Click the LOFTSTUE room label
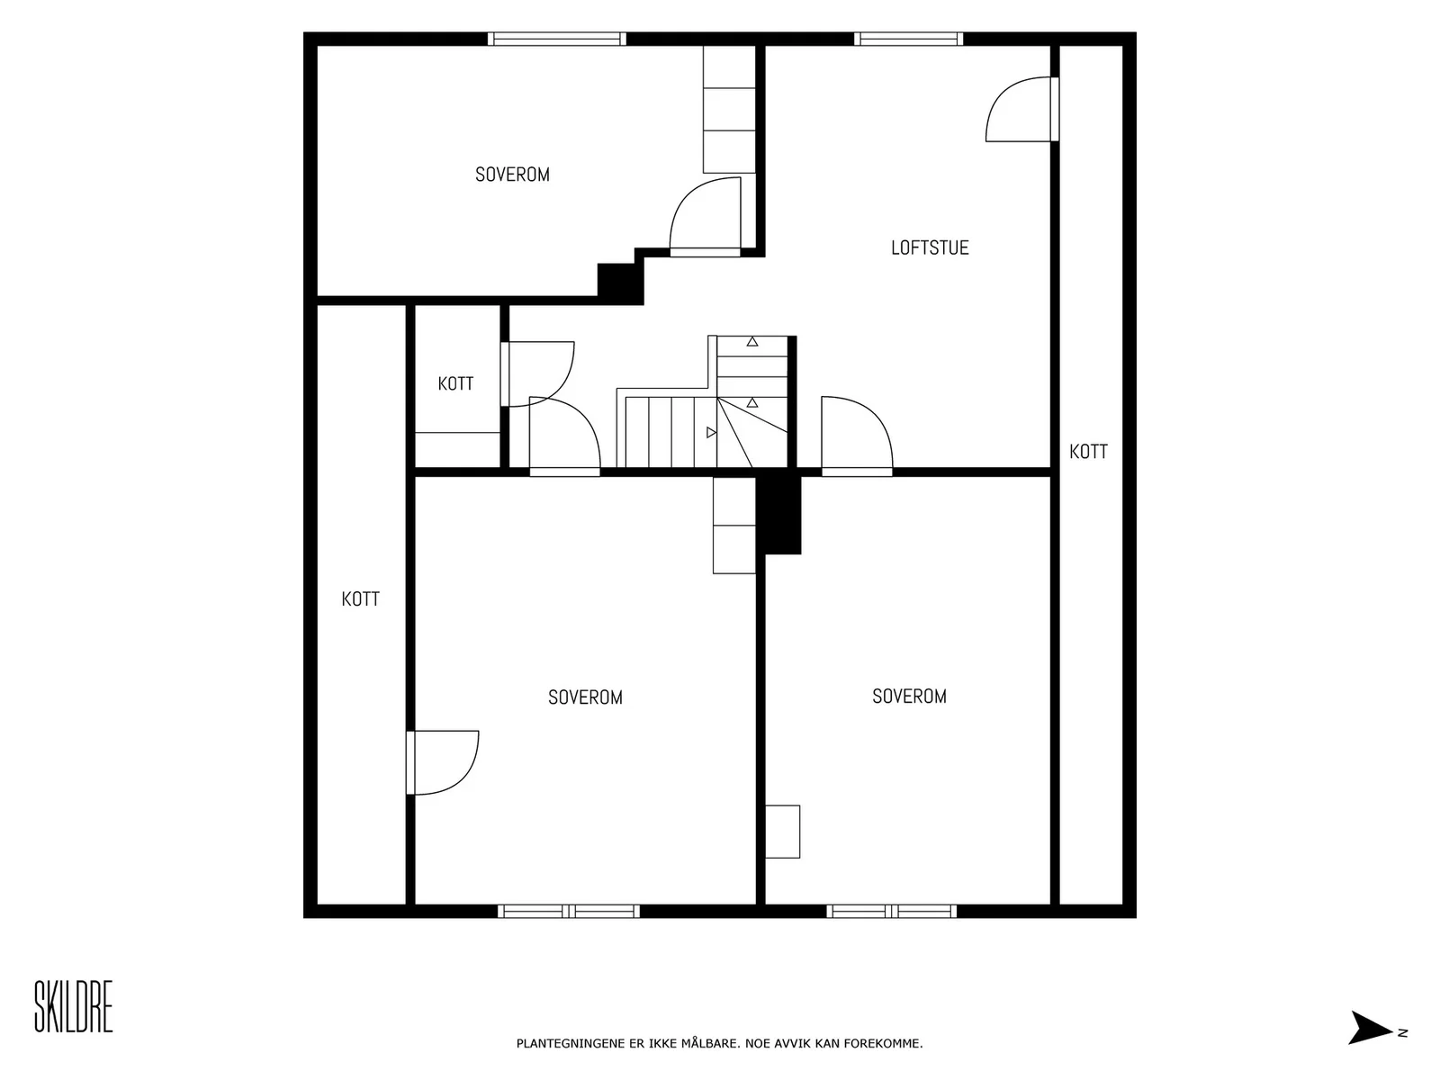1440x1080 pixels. click(930, 247)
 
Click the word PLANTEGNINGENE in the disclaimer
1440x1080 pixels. click(570, 1044)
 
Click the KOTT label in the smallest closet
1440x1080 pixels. click(456, 383)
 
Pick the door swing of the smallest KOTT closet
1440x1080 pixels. click(538, 373)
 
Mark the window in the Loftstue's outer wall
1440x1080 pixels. click(909, 39)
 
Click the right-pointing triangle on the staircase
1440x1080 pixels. click(711, 432)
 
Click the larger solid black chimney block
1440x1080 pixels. click(778, 514)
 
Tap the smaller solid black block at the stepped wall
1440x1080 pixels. click(620, 283)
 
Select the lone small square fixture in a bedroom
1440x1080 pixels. click(783, 832)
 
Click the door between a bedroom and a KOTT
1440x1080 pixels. click(443, 762)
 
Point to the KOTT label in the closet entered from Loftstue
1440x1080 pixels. click(1088, 452)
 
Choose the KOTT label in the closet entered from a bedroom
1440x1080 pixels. click(360, 599)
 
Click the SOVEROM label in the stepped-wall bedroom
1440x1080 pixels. click(512, 175)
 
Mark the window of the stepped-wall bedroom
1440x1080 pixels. click(557, 39)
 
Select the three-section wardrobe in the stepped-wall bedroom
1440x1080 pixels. click(729, 109)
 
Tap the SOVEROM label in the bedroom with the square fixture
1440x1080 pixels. click(909, 697)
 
